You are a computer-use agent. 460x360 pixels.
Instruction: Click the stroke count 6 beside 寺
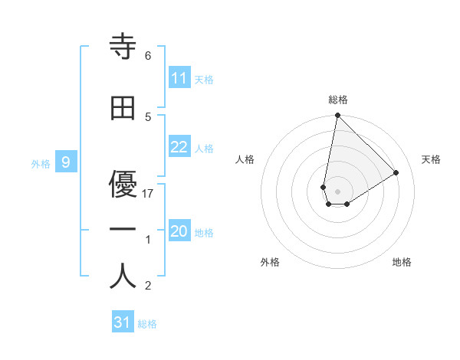(x=148, y=56)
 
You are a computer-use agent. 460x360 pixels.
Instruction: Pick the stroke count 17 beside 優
(x=149, y=193)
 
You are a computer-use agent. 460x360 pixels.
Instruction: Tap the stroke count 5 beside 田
(x=148, y=116)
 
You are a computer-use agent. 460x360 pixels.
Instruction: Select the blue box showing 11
(x=179, y=78)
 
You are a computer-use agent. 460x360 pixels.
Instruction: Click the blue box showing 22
(x=179, y=147)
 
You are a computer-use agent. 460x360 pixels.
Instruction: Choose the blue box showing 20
(x=179, y=231)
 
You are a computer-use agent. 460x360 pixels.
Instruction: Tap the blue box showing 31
(x=123, y=322)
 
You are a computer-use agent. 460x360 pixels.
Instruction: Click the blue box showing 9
(x=66, y=162)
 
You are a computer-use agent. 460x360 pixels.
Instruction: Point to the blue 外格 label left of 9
(x=41, y=163)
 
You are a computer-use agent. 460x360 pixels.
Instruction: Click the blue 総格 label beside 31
(x=147, y=324)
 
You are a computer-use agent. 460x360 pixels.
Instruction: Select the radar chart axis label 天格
(x=431, y=159)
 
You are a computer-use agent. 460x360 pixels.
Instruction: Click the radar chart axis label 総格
(x=338, y=100)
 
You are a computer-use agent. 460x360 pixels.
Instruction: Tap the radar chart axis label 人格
(x=245, y=159)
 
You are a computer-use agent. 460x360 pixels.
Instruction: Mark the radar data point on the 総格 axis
(x=337, y=116)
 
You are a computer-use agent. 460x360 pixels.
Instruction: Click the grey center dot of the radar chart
(x=338, y=191)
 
